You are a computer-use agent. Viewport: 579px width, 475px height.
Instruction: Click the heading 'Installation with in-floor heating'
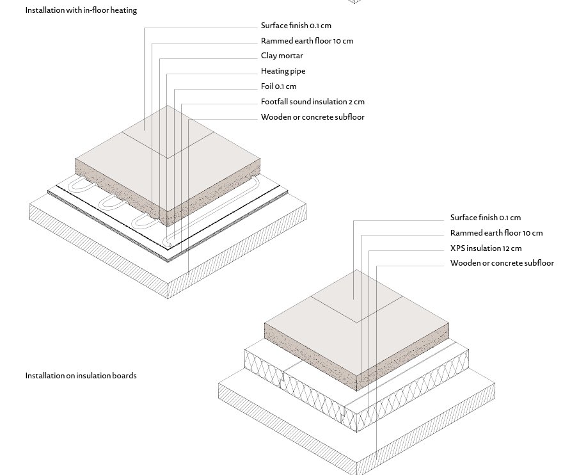pyautogui.click(x=81, y=10)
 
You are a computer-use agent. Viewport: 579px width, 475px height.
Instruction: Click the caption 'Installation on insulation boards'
pyautogui.click(x=81, y=376)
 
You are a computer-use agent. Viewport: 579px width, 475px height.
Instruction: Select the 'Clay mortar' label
pyautogui.click(x=282, y=56)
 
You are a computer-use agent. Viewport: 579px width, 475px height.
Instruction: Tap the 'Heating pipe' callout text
pyautogui.click(x=283, y=71)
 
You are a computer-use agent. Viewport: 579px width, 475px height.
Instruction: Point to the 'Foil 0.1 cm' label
pyautogui.click(x=278, y=86)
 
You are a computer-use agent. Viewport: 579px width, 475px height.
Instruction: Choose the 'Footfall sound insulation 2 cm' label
pyautogui.click(x=312, y=102)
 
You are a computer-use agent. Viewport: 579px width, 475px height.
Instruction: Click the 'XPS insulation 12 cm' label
pyautogui.click(x=486, y=248)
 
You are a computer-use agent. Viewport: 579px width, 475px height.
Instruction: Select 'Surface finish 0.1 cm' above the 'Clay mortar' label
pyautogui.click(x=296, y=26)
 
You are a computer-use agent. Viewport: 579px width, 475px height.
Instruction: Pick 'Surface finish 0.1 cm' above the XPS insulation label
pyautogui.click(x=485, y=218)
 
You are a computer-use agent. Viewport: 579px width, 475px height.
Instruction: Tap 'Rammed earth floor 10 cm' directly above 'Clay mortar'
pyautogui.click(x=306, y=41)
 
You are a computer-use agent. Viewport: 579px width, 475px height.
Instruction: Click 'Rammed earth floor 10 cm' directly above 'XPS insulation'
pyautogui.click(x=496, y=233)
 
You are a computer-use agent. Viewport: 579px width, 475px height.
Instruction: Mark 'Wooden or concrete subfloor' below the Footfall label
pyautogui.click(x=312, y=117)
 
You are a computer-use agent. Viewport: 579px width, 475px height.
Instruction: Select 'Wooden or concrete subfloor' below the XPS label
pyautogui.click(x=502, y=263)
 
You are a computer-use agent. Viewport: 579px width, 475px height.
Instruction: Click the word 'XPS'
pyautogui.click(x=457, y=248)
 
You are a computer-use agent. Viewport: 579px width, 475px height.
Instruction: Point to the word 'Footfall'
pyautogui.click(x=274, y=102)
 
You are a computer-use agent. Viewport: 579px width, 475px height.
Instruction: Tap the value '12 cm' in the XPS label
pyautogui.click(x=512, y=248)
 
